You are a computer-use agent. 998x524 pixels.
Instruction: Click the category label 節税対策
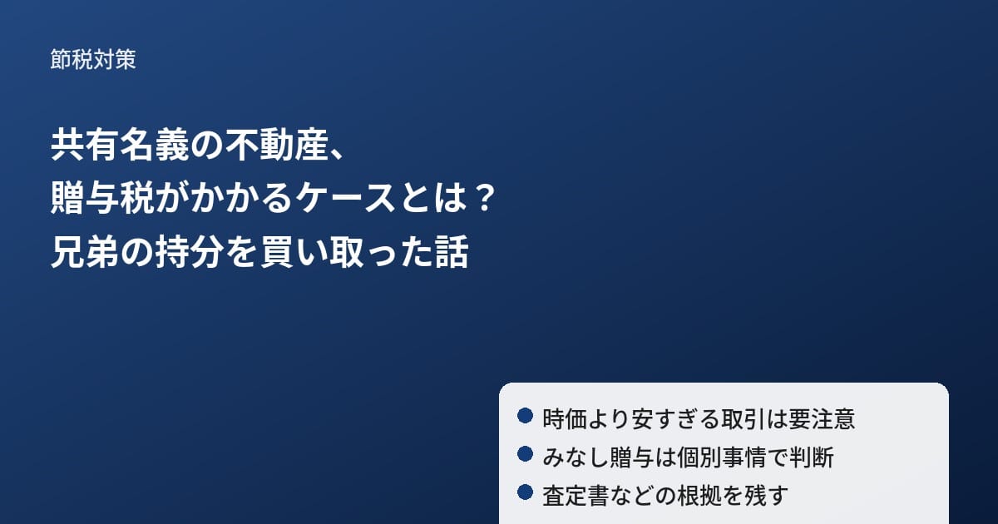[92, 59]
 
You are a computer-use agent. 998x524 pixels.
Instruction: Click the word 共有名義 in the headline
[121, 146]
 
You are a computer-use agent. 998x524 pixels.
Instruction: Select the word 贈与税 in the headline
[103, 198]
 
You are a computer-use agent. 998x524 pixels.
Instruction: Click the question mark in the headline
[483, 198]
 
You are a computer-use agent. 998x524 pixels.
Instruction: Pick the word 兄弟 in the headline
[85, 252]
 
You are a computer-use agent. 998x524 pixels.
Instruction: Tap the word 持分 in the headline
[190, 252]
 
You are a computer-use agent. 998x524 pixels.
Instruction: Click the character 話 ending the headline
[452, 252]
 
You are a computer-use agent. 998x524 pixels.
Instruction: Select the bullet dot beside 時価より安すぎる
[526, 415]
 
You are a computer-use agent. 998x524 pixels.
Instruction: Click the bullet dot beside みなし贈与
[526, 454]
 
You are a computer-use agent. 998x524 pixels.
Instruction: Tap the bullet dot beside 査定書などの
[526, 492]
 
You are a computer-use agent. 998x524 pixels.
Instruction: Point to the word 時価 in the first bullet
[565, 419]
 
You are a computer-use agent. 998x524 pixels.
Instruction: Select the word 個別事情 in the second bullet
[721, 457]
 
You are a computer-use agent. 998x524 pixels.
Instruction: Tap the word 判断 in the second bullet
[812, 457]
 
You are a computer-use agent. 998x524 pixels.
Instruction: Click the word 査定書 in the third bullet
[576, 496]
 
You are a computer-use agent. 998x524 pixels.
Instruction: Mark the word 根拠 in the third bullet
[699, 496]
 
